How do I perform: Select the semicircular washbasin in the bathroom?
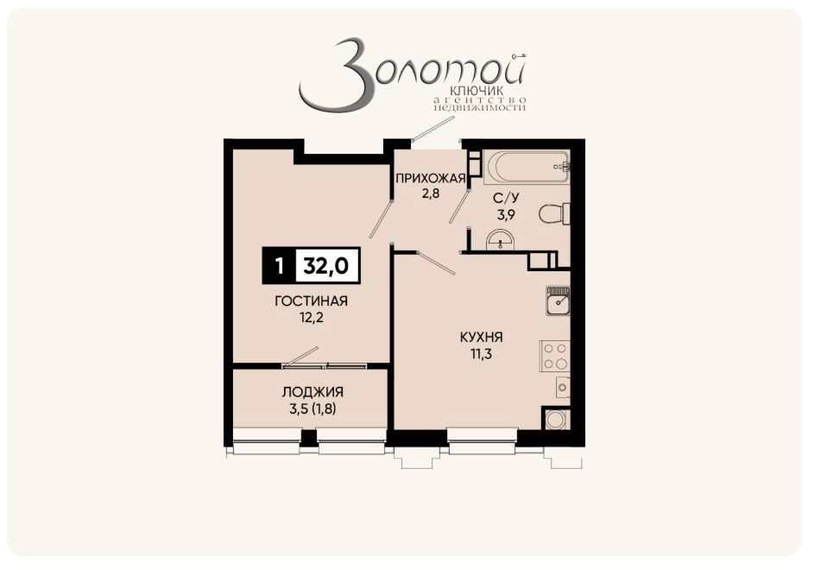coord(499,241)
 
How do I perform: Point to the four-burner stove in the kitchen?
coord(554,356)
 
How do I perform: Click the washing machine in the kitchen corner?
coord(556,420)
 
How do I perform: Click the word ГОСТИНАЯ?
coord(311,301)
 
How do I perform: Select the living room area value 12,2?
coord(311,318)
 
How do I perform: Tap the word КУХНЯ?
coord(482,337)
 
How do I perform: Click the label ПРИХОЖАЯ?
coord(430,179)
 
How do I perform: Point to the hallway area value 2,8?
coord(430,193)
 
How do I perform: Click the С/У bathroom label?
coord(505,198)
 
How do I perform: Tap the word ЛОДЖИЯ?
coord(311,391)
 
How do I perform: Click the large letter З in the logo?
coord(332,76)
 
